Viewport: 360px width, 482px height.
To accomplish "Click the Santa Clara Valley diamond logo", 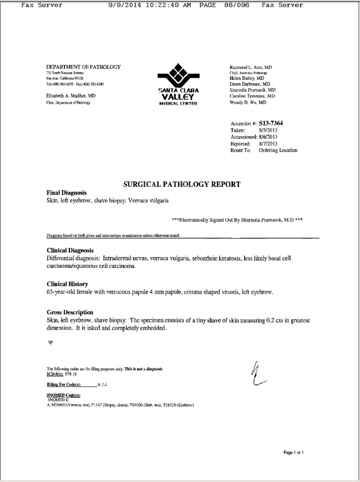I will pyautogui.click(x=177, y=74).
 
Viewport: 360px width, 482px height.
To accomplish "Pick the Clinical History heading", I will pyautogui.click(x=69, y=284).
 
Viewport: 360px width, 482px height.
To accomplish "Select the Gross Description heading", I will pyautogui.click(x=70, y=312).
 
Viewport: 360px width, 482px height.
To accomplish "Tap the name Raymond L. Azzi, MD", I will pyautogui.click(x=250, y=67).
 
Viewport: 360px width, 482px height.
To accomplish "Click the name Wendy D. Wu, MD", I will pyautogui.click(x=248, y=102).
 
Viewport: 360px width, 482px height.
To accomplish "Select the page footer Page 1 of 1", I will pyautogui.click(x=293, y=452).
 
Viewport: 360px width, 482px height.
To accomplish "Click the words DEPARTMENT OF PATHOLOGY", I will pyautogui.click(x=83, y=67).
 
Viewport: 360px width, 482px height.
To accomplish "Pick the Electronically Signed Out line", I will pyautogui.click(x=235, y=219).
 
